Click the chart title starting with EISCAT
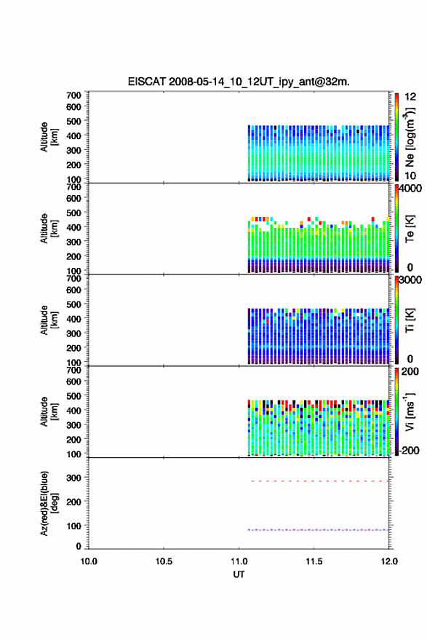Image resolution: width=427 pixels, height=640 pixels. [x=239, y=82]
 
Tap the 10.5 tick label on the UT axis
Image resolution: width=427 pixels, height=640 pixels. [x=164, y=561]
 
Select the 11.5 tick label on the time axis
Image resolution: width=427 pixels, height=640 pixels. [x=314, y=561]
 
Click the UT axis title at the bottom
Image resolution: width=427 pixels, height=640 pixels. [x=239, y=574]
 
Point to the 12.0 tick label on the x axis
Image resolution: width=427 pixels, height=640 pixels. [x=389, y=561]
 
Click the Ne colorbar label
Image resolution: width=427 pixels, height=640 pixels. [x=410, y=137]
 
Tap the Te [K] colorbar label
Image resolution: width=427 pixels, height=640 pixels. [x=410, y=229]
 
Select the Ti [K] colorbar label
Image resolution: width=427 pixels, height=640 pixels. [x=410, y=320]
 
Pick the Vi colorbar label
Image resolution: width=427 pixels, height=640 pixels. [x=410, y=411]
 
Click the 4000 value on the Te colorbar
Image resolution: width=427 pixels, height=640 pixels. [x=410, y=189]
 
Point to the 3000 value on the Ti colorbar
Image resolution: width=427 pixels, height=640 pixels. [x=410, y=280]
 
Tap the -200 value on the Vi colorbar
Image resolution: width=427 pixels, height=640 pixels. [x=409, y=450]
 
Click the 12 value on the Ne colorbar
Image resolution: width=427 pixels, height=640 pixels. [x=410, y=97]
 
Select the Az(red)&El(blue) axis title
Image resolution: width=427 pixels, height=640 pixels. [x=49, y=503]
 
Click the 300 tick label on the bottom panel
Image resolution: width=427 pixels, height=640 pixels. [x=73, y=478]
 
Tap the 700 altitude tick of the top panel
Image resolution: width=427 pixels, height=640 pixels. [x=73, y=95]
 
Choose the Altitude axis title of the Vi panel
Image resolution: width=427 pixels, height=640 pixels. [x=49, y=411]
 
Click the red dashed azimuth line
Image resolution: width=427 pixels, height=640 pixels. [x=320, y=481]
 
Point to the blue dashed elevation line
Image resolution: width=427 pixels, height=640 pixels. [x=319, y=530]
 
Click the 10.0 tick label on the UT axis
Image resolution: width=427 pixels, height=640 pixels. [x=89, y=561]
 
